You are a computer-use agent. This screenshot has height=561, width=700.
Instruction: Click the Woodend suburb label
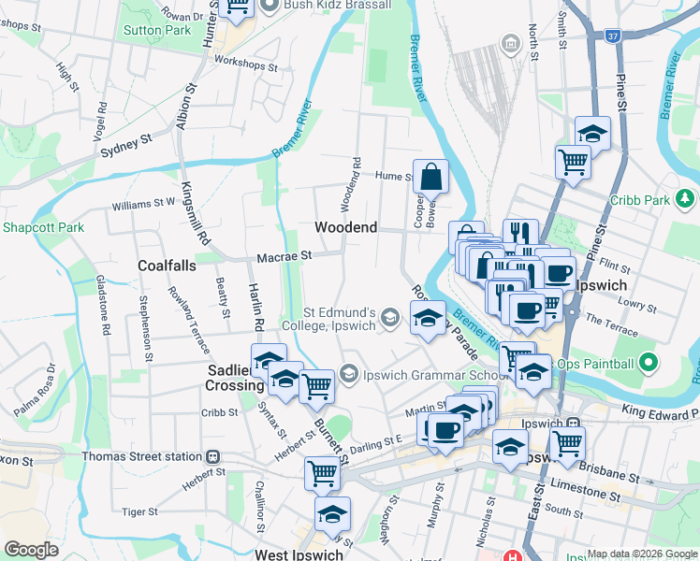(345, 227)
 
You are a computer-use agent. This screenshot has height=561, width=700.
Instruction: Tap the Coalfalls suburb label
(167, 266)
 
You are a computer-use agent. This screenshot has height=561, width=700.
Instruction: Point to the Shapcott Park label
(43, 227)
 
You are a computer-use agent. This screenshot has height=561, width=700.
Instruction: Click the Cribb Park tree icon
(686, 199)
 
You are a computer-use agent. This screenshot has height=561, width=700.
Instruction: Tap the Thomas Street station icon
(212, 457)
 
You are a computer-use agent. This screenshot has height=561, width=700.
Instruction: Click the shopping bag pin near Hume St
(430, 176)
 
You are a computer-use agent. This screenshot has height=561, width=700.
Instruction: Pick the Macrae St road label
(284, 255)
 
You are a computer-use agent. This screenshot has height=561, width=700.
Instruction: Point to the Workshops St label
(247, 67)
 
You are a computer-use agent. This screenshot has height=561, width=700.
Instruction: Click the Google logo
(32, 550)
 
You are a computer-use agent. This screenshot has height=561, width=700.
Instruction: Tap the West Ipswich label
(299, 554)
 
